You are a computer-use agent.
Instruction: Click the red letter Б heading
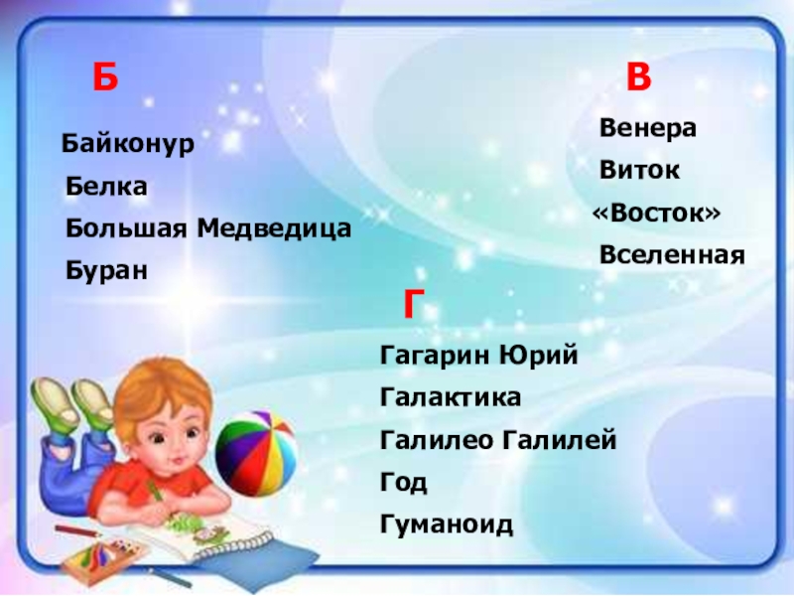click(105, 77)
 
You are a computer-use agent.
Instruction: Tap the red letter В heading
click(638, 76)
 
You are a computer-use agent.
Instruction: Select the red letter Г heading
click(413, 304)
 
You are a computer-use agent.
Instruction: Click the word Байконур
click(128, 144)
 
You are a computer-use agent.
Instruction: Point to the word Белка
click(106, 187)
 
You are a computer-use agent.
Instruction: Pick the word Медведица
click(274, 228)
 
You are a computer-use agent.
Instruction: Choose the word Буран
click(106, 271)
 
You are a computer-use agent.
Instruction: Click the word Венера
click(648, 128)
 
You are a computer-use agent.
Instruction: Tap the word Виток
click(639, 170)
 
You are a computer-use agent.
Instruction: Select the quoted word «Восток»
click(656, 213)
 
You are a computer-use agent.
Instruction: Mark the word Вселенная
click(672, 255)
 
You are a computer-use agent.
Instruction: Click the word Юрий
click(538, 355)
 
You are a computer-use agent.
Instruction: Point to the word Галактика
click(451, 396)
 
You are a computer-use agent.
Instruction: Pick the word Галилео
click(436, 439)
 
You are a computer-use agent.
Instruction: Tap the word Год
click(404, 482)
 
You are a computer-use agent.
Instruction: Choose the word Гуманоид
click(447, 524)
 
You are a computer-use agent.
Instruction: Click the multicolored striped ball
click(256, 454)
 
